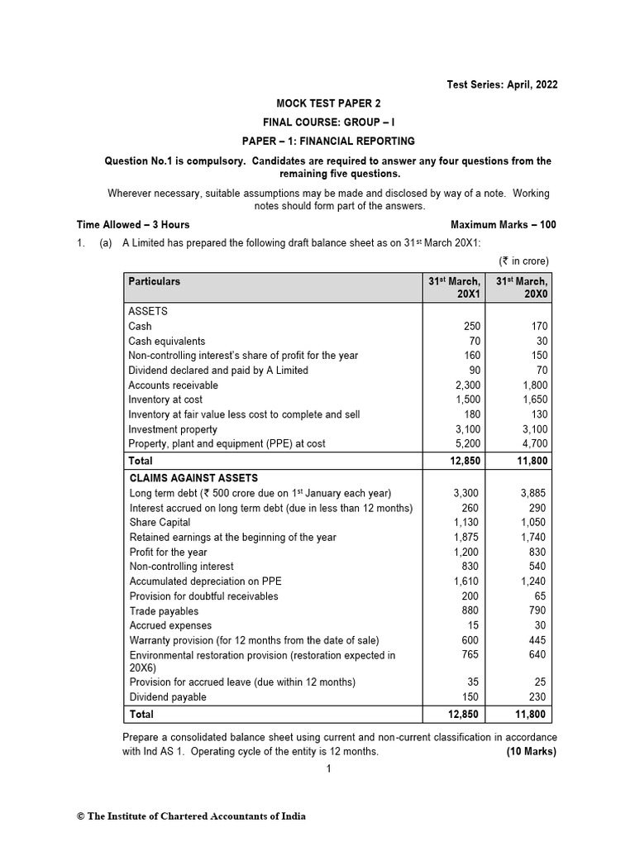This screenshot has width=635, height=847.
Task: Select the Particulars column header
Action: click(x=155, y=281)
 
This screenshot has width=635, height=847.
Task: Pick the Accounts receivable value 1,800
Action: click(x=532, y=385)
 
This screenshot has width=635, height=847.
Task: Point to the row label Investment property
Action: click(x=173, y=429)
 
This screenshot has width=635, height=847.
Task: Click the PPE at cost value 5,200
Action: click(x=466, y=444)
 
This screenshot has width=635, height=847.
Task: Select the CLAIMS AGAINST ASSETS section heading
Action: click(x=193, y=478)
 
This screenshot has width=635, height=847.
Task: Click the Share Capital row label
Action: click(x=160, y=523)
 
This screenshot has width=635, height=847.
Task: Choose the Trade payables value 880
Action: click(x=470, y=611)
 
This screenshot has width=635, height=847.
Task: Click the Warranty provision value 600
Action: click(x=470, y=641)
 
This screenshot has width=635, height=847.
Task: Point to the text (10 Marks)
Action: click(x=531, y=752)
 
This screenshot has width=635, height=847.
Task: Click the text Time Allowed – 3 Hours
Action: click(x=133, y=224)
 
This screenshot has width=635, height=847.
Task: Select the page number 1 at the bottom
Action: click(x=328, y=769)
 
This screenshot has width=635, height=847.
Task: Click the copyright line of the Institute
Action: click(x=191, y=816)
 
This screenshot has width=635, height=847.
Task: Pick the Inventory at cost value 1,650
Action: click(x=532, y=400)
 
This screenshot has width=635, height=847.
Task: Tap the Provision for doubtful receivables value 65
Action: click(x=539, y=596)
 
